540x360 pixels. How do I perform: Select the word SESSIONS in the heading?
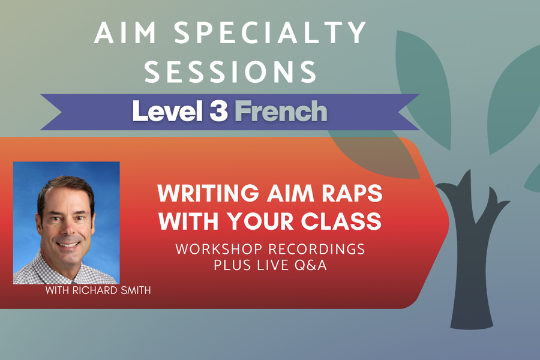(x=231, y=71)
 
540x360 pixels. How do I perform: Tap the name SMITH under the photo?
(x=136, y=291)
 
